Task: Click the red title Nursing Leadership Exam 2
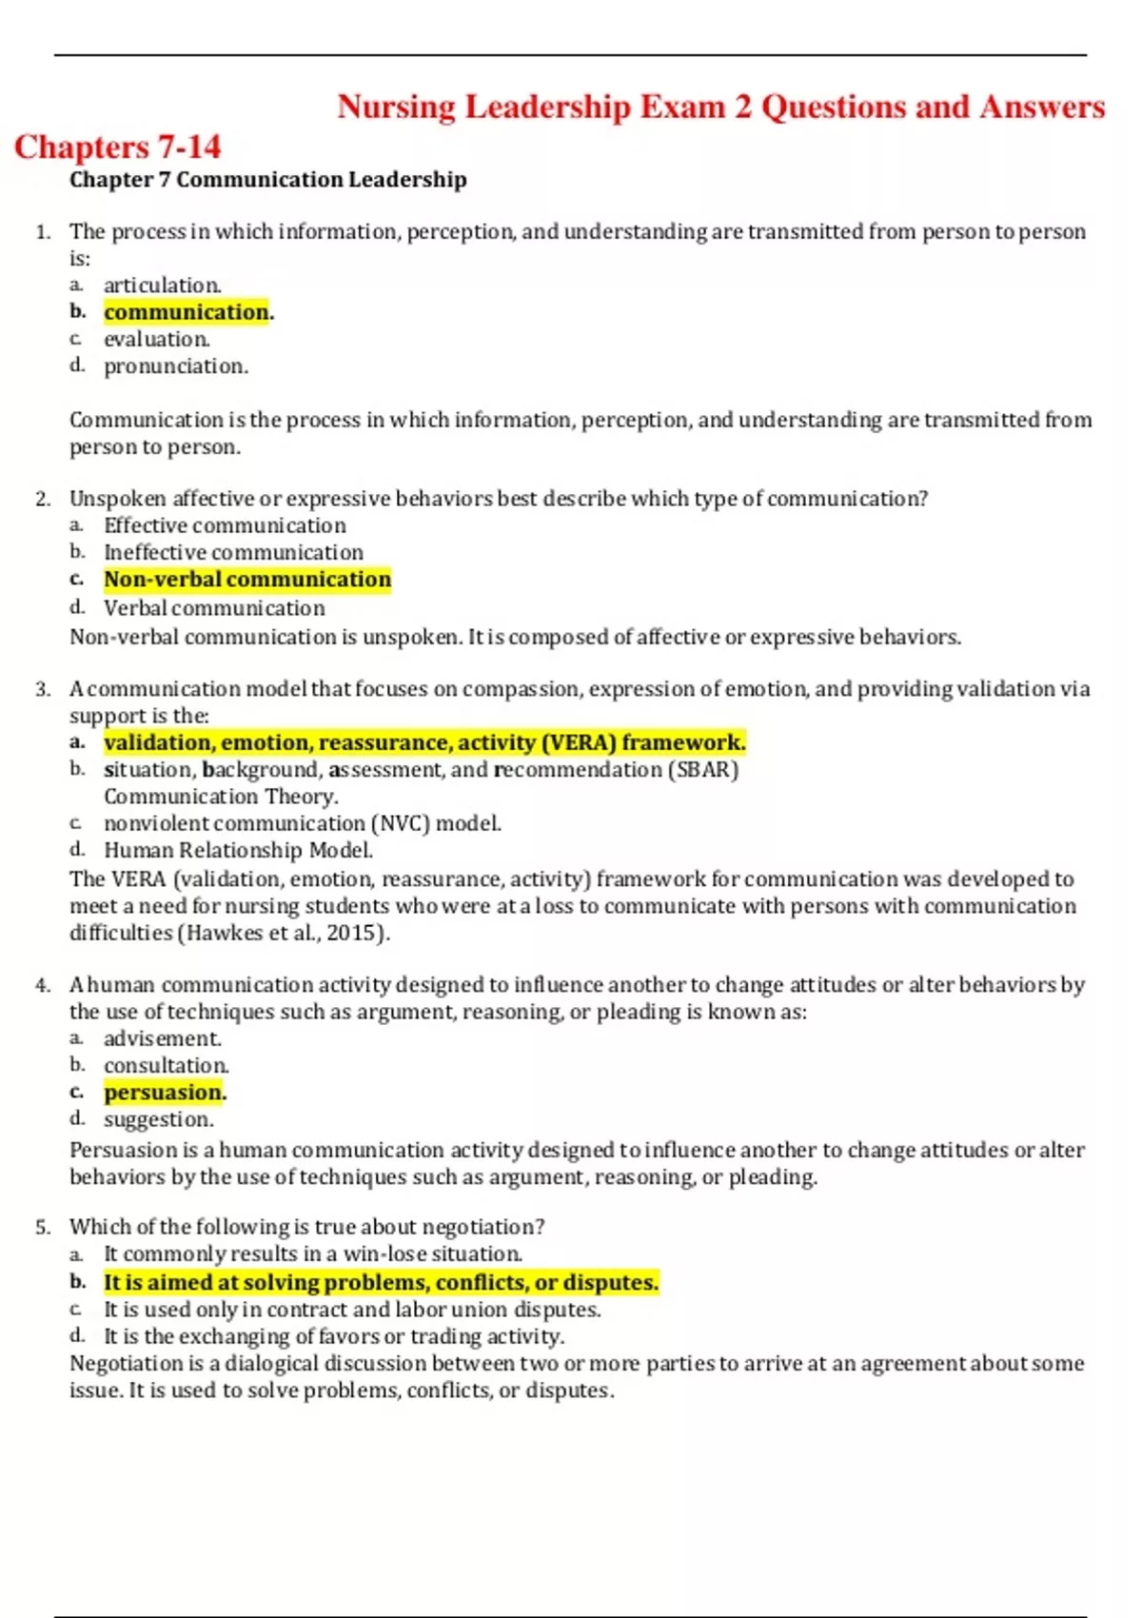click(x=720, y=107)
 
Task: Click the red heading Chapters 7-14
click(x=117, y=147)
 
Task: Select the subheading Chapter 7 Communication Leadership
click(x=267, y=180)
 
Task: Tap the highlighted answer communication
click(x=187, y=312)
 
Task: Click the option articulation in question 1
click(x=162, y=286)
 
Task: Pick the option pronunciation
click(x=175, y=366)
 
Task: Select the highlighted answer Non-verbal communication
click(x=247, y=580)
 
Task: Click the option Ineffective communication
click(x=233, y=553)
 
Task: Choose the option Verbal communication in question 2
click(x=214, y=608)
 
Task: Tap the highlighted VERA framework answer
click(x=424, y=742)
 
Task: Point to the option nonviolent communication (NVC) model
click(x=302, y=823)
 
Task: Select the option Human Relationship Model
click(x=238, y=851)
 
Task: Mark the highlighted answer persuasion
click(x=165, y=1093)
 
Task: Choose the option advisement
click(x=162, y=1038)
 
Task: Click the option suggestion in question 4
click(x=158, y=1120)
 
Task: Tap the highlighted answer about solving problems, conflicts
click(x=381, y=1283)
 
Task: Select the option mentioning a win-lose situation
click(x=313, y=1254)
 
